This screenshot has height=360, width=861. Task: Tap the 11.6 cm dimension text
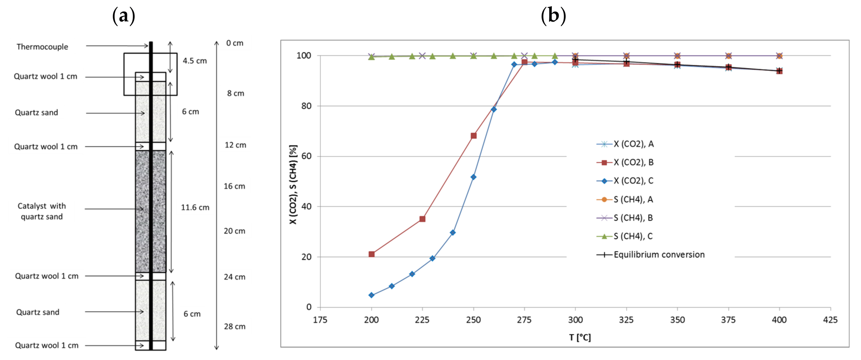[195, 208]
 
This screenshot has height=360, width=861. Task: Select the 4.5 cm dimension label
[195, 61]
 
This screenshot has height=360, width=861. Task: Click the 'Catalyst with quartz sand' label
[42, 211]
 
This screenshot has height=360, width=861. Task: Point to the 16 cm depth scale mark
[234, 186]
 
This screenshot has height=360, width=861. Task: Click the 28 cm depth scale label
[234, 327]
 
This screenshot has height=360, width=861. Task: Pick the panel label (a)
[124, 16]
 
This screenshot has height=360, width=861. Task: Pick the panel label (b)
[553, 16]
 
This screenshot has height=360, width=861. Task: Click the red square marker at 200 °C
[371, 254]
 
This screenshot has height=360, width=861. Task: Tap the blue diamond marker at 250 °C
[473, 177]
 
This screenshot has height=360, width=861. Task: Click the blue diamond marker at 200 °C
[371, 295]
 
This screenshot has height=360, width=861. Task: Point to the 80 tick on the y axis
[306, 106]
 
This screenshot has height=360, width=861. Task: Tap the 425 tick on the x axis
[830, 320]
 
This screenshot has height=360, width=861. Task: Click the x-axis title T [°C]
[580, 338]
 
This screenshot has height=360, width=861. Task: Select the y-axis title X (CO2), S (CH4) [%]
[293, 184]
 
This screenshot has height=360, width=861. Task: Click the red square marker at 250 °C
[473, 136]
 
